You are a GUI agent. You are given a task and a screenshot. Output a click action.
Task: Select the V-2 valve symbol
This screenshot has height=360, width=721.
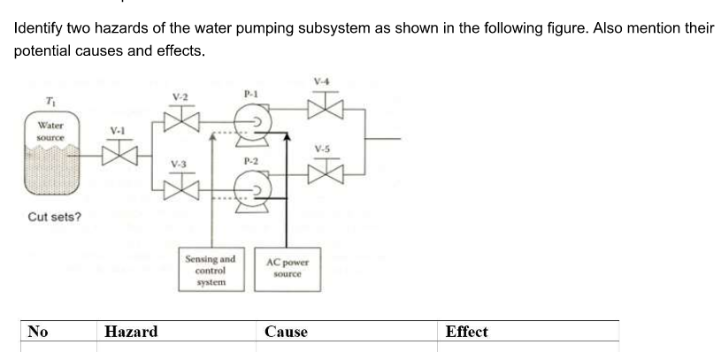pos(180,118)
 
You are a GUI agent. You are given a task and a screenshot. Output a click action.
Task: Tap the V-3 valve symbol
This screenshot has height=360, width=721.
pos(180,186)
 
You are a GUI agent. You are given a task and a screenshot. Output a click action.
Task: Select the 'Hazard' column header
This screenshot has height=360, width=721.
pos(131,333)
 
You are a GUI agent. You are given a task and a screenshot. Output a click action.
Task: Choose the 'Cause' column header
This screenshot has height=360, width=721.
pos(286,333)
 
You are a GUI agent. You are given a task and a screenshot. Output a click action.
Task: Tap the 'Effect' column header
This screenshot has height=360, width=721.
pos(466,333)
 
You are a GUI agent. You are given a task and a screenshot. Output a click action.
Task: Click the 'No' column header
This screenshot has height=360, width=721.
pos(37,333)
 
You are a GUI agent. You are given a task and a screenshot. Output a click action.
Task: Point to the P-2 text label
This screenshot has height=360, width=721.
pos(250,161)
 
